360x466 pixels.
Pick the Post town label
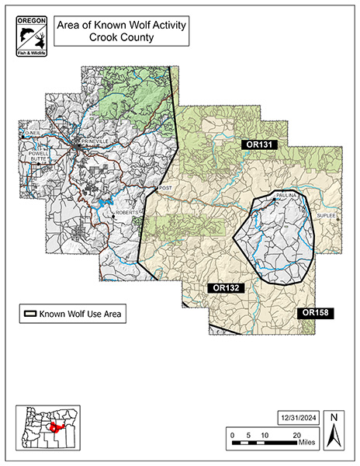tap(163, 188)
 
